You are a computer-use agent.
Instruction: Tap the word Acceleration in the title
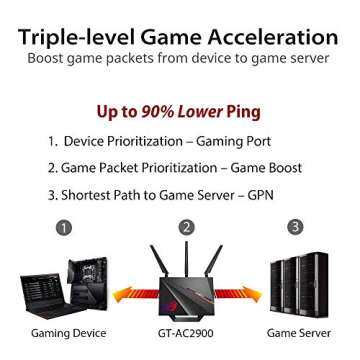pyautogui.click(x=267, y=37)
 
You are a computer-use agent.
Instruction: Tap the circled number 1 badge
pyautogui.click(x=64, y=227)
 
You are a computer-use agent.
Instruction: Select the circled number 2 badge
pyautogui.click(x=186, y=227)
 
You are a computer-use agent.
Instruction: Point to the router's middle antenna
pyautogui.click(x=186, y=265)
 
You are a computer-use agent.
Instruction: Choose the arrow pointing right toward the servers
pyautogui.click(x=244, y=294)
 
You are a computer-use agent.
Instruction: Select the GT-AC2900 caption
pyautogui.click(x=186, y=332)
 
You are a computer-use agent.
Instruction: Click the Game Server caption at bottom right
pyautogui.click(x=299, y=332)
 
